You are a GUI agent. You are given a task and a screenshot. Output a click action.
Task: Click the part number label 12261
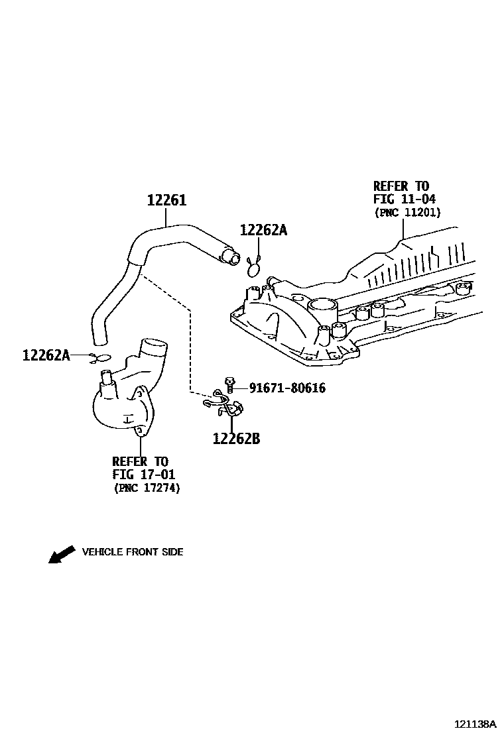[166, 200]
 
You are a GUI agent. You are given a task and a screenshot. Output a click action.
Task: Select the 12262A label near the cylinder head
[263, 230]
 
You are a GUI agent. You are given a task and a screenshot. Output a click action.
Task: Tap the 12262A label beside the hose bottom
[46, 355]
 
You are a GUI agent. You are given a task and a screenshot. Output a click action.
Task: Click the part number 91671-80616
[287, 388]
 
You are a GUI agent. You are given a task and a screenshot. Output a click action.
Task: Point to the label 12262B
[236, 438]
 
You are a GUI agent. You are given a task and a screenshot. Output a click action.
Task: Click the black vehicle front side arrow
[62, 554]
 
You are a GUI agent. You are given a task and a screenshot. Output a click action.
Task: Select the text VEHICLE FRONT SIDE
[132, 552]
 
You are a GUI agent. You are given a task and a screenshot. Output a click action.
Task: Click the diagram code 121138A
[475, 724]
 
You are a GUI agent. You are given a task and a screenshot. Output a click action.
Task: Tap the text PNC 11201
[408, 212]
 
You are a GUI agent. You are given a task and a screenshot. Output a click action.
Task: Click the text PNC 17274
[147, 488]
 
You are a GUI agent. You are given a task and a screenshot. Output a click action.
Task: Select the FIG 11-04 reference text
[405, 199]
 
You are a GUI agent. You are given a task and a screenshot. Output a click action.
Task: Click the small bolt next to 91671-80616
[230, 383]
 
